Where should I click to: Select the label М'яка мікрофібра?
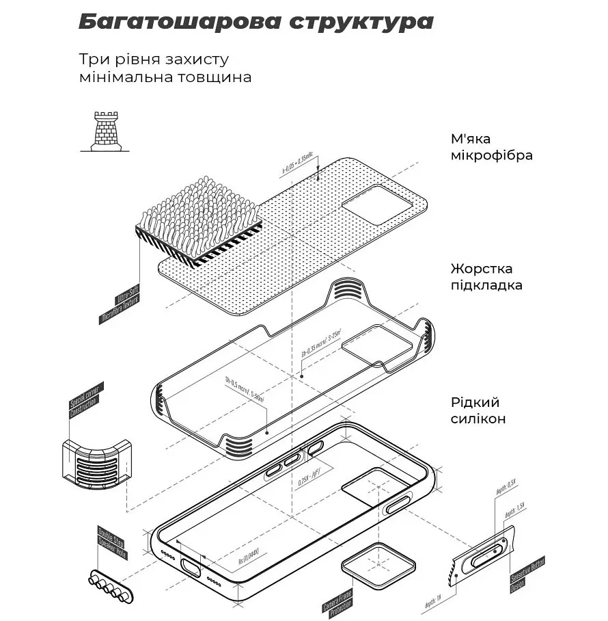click(x=491, y=147)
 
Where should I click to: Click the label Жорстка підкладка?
click(x=490, y=277)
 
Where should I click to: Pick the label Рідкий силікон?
click(x=478, y=410)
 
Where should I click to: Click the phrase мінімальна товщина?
click(x=165, y=77)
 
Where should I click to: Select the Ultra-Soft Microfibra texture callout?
click(x=120, y=308)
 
